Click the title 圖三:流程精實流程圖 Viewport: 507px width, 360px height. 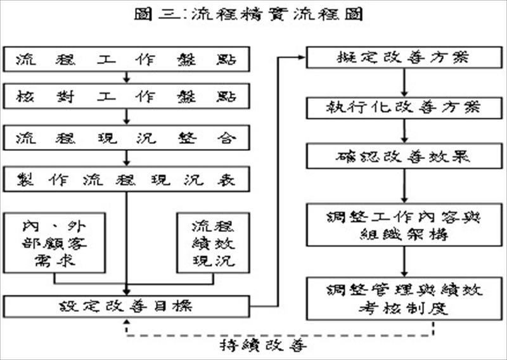click(253, 15)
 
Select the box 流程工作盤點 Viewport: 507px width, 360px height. click(127, 60)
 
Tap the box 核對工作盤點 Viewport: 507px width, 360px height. click(127, 97)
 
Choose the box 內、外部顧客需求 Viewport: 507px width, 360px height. click(53, 243)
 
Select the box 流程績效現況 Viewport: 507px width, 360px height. click(213, 243)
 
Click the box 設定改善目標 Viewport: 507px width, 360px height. click(127, 307)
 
